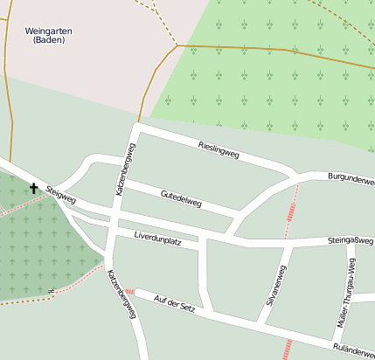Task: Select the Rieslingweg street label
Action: coord(219,149)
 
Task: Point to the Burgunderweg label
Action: coord(351,179)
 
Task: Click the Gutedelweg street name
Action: coord(181,197)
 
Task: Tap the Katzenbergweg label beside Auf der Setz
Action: coord(122,293)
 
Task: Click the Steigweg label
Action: coord(61,194)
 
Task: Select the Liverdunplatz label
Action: coord(157,239)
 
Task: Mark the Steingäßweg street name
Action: coord(351,239)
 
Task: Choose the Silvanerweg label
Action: coord(276,284)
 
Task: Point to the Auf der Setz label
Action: coord(178,304)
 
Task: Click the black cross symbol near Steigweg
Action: coord(34,188)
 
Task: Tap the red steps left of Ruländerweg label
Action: coord(288,350)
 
